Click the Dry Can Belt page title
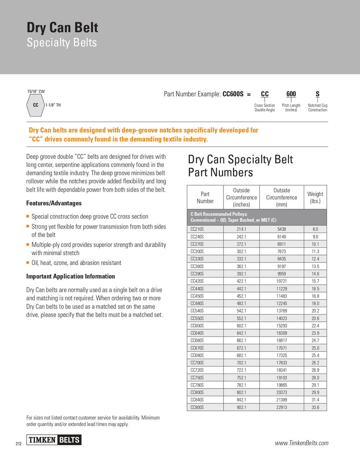(62, 28)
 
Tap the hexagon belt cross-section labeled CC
(35, 105)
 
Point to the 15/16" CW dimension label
(36, 91)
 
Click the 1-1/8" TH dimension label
(53, 105)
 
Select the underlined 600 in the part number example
(291, 94)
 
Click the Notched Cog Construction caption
(318, 108)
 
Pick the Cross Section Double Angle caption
(265, 108)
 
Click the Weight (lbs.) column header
(315, 197)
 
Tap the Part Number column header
(205, 197)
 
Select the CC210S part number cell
(197, 229)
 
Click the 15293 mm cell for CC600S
(282, 326)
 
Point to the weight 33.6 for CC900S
(315, 407)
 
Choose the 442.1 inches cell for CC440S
(241, 289)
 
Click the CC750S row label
(197, 378)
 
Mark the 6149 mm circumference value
(282, 237)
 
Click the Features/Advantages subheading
(54, 203)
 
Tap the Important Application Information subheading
(71, 276)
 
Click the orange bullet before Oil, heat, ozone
(28, 263)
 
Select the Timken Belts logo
(54, 440)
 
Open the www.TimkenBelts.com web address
(302, 443)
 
